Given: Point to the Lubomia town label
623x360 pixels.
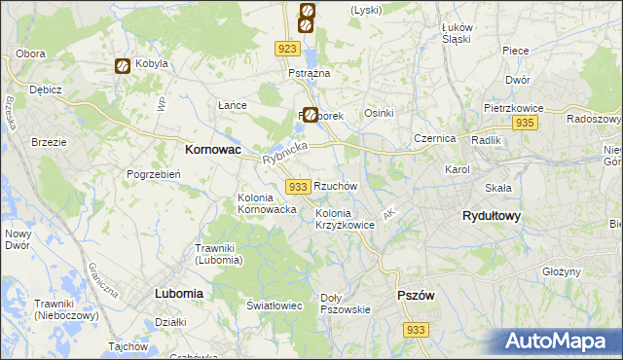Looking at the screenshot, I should pyautogui.click(x=178, y=293).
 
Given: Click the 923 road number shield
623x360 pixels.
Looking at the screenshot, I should pyautogui.click(x=286, y=49).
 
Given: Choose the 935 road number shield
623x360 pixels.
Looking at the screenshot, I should pyautogui.click(x=525, y=123).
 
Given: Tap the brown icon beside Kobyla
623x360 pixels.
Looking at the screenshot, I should pyautogui.click(x=124, y=66).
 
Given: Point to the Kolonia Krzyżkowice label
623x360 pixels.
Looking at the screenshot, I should pyautogui.click(x=345, y=219).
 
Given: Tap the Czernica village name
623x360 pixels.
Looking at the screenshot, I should pyautogui.click(x=434, y=139).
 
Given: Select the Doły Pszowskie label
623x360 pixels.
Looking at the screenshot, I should pyautogui.click(x=347, y=304).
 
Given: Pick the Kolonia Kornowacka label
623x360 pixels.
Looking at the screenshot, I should pyautogui.click(x=260, y=203).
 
